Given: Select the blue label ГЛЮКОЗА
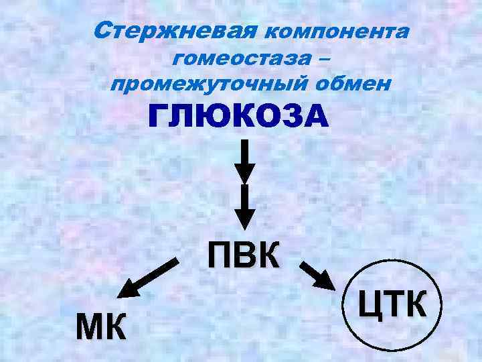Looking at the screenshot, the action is coord(239,118).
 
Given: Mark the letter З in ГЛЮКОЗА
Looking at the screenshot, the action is coord(285,118).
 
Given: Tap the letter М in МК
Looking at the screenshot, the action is coord(90,328).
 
